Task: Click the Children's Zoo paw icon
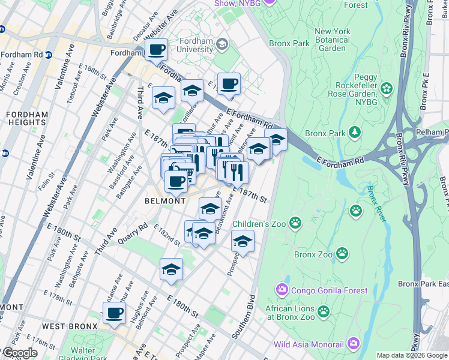[295, 224]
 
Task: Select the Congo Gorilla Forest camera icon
[282, 290]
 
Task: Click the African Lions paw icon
[324, 311]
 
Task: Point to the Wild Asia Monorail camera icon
[353, 344]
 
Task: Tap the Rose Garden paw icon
[385, 89]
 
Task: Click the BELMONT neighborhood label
[165, 201]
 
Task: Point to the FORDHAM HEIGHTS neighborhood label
[23, 118]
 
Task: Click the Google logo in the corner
[19, 352]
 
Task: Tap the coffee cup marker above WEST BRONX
[114, 313]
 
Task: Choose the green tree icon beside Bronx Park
[355, 131]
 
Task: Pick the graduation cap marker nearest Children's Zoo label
[243, 241]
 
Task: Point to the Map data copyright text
[412, 355]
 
